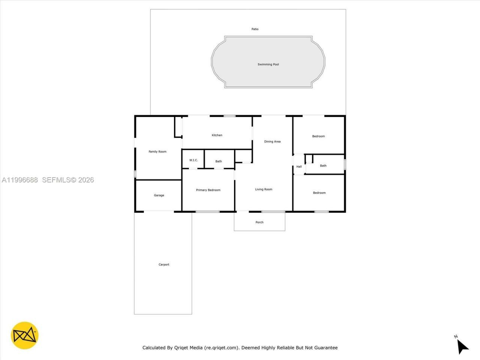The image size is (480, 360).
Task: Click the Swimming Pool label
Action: point(268,64)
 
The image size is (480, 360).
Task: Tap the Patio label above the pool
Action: point(255,29)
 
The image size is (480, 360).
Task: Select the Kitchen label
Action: point(217,135)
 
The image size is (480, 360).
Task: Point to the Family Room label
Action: point(157,151)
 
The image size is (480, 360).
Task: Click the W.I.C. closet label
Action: point(193,160)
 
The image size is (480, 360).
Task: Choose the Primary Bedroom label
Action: point(208,190)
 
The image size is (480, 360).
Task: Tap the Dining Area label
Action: point(272,141)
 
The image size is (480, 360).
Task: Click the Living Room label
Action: point(264,189)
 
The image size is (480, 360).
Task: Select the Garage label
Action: point(159,195)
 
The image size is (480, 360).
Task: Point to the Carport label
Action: point(164,264)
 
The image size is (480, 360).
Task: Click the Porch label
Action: point(259,222)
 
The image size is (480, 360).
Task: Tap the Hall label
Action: point(299,166)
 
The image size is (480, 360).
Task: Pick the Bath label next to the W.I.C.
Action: point(219,161)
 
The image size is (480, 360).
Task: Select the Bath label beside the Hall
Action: point(323,165)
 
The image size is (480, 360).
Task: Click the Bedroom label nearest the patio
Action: point(318,136)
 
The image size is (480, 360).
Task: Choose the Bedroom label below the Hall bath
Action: point(319,193)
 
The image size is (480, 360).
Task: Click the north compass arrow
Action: point(462,346)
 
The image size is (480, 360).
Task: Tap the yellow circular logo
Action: point(25,335)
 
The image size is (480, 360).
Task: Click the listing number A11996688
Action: point(20,180)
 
